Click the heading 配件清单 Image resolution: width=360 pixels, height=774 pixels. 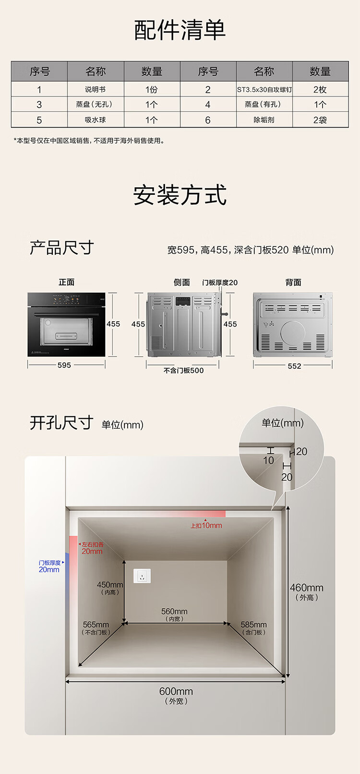(x=180, y=30)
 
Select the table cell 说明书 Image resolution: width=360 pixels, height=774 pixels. (x=95, y=89)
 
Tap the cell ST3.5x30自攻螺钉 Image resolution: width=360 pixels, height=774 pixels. (x=264, y=89)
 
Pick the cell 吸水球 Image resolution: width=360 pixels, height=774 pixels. (x=95, y=120)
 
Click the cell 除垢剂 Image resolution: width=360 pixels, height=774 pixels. (x=264, y=120)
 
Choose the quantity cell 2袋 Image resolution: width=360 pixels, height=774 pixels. (x=320, y=120)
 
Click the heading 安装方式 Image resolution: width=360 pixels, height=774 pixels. (x=180, y=195)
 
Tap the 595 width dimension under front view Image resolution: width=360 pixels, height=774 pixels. (x=64, y=365)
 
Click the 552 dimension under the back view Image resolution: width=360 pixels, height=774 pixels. (x=294, y=366)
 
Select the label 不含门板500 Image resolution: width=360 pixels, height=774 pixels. (x=183, y=370)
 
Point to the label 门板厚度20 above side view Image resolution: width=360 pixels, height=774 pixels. (x=220, y=282)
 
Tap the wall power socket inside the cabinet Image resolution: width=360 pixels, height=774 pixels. (x=142, y=576)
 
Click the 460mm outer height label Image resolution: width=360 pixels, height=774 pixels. (x=307, y=592)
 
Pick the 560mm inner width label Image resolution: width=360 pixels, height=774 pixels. (x=174, y=615)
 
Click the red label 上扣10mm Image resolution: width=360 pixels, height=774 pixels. (x=206, y=525)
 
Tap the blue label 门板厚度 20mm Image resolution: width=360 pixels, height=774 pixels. (x=49, y=566)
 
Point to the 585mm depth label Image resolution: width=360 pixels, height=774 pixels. (x=254, y=628)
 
